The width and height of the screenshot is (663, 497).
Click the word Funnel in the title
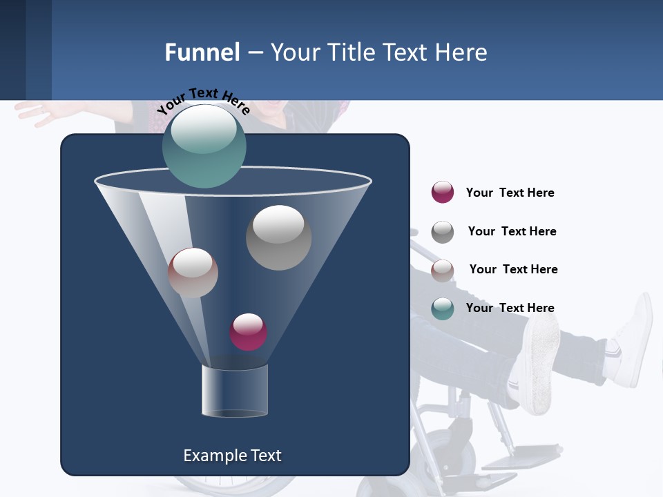pyautogui.click(x=202, y=52)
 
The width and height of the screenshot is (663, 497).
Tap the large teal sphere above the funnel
pyautogui.click(x=204, y=146)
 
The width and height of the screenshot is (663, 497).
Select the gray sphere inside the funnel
pyautogui.click(x=279, y=237)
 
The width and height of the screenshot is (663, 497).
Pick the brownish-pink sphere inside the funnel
pyautogui.click(x=193, y=273)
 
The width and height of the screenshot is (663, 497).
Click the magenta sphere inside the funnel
pyautogui.click(x=248, y=332)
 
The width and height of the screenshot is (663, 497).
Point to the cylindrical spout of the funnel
pyautogui.click(x=234, y=391)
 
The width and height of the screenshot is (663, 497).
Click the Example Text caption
pyautogui.click(x=232, y=456)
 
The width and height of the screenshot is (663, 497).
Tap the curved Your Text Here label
pyautogui.click(x=203, y=101)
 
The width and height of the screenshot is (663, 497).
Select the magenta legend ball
pyautogui.click(x=443, y=192)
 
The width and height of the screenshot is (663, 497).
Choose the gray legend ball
pyautogui.click(x=443, y=232)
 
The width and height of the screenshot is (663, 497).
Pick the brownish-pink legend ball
pyautogui.click(x=443, y=271)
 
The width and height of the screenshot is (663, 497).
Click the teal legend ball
pyautogui.click(x=443, y=309)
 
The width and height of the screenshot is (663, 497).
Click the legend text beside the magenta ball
pyautogui.click(x=510, y=193)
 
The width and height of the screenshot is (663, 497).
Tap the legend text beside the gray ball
pyautogui.click(x=512, y=231)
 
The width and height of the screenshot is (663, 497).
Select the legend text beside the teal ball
pyautogui.click(x=510, y=308)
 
